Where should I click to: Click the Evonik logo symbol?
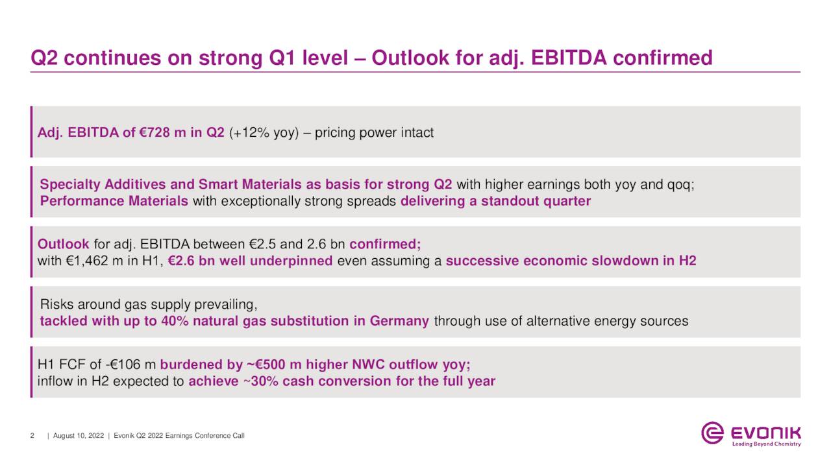pos(712,433)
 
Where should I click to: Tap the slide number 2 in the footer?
pos(32,436)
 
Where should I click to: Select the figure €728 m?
pos(162,133)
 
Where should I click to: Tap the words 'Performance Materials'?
pos(114,201)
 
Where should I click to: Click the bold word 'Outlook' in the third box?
pos(64,245)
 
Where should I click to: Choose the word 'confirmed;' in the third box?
pos(385,245)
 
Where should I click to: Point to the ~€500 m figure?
pos(273,364)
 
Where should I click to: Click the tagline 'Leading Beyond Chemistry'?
pos(766,444)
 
